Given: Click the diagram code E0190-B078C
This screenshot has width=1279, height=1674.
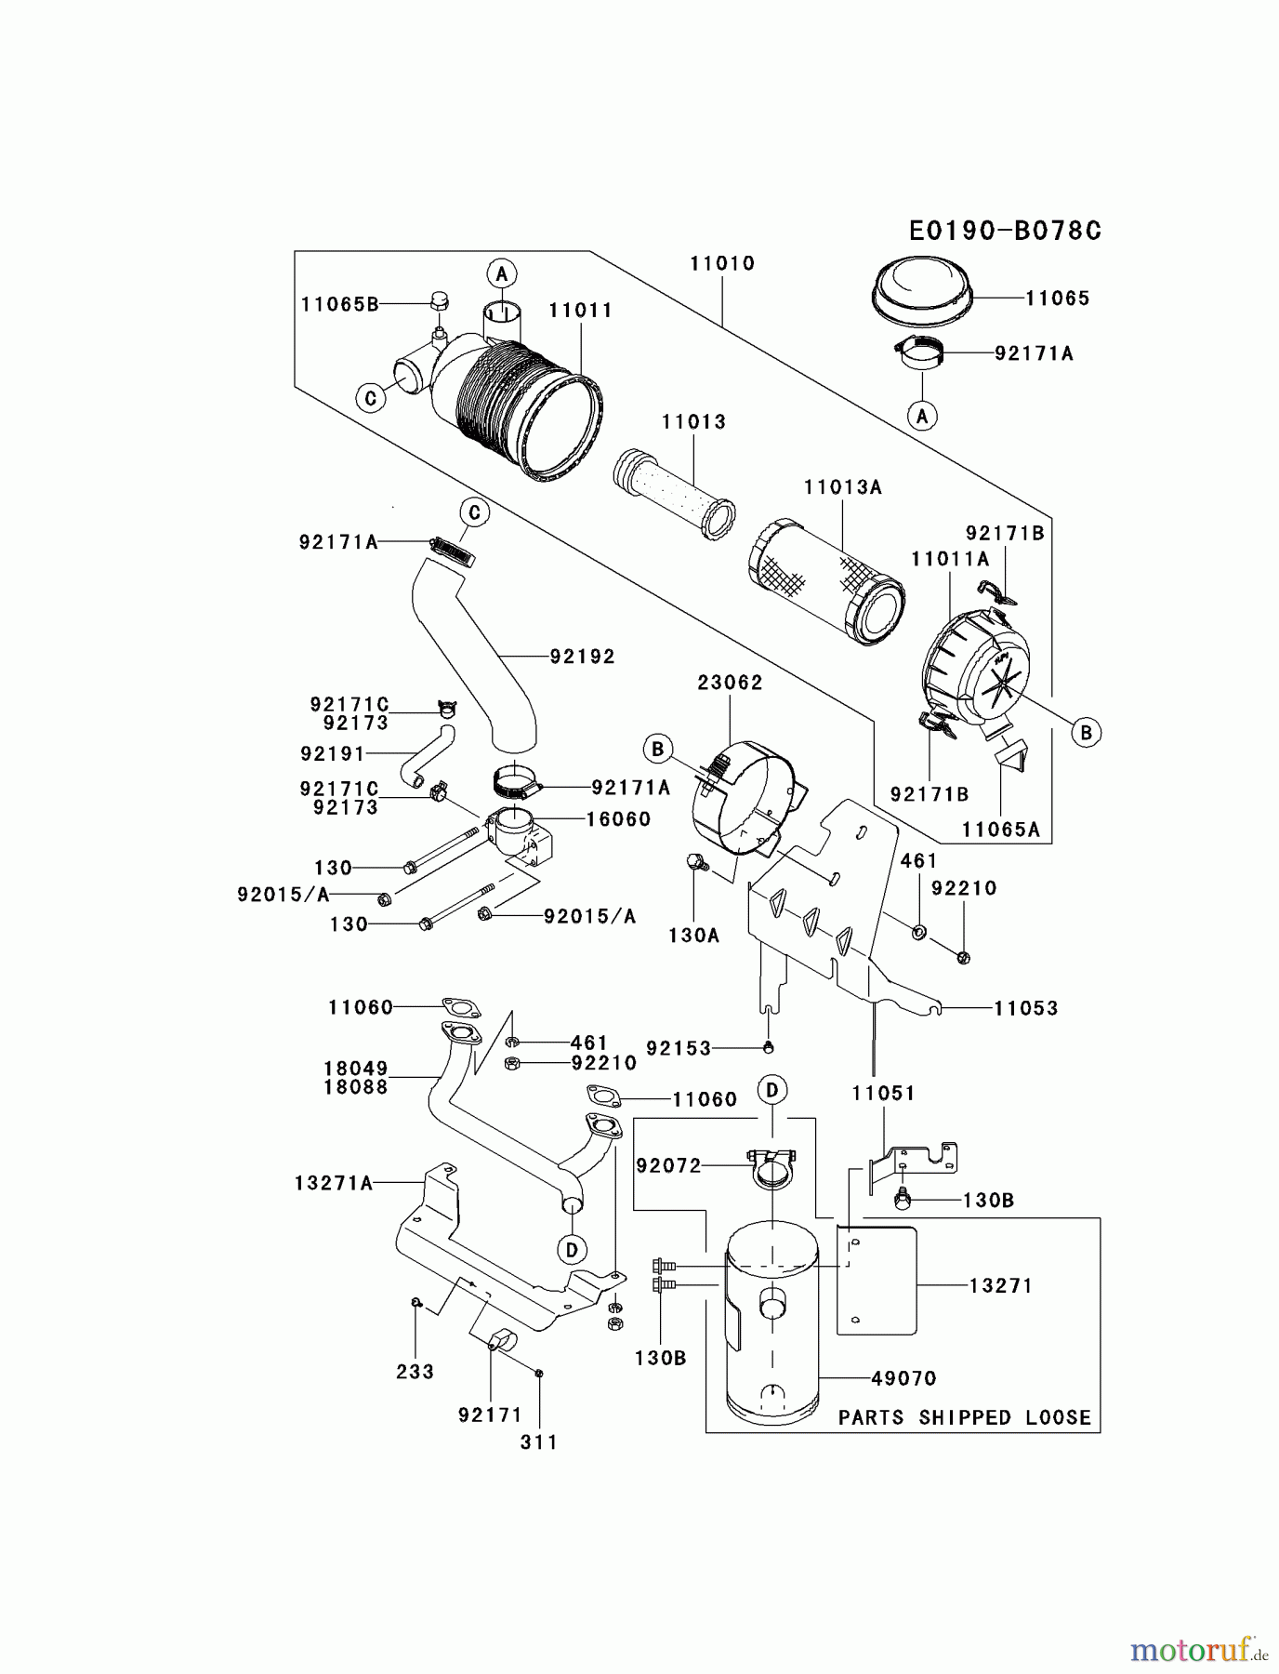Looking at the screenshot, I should [1004, 231].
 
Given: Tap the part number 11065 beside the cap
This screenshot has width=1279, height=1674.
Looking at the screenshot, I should [1057, 299].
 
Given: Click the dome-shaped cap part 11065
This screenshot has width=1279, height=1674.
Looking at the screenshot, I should [922, 286].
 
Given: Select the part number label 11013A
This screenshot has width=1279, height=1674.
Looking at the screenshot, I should [843, 487].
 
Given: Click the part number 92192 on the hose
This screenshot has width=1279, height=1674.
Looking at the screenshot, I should [582, 657].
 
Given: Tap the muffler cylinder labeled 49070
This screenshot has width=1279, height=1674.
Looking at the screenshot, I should [771, 1330].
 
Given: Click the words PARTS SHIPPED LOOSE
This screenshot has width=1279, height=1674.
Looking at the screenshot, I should [964, 1417].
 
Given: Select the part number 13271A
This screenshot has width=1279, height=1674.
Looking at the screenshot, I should [334, 1183].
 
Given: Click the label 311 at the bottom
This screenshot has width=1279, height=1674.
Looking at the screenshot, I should [539, 1442].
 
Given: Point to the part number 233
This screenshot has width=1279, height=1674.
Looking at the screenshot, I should [415, 1372].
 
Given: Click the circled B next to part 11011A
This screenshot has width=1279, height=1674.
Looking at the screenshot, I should [1085, 733].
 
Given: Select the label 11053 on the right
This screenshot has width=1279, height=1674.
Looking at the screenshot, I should [1025, 1008].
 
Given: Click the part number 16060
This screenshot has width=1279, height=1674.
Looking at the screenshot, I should [618, 819].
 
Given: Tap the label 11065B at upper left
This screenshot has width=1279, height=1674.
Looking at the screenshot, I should [339, 304].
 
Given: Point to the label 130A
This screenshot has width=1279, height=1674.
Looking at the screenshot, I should [693, 936].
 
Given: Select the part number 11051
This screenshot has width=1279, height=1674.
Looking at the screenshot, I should [883, 1094].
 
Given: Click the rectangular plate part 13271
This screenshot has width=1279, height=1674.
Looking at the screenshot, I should [878, 1281].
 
